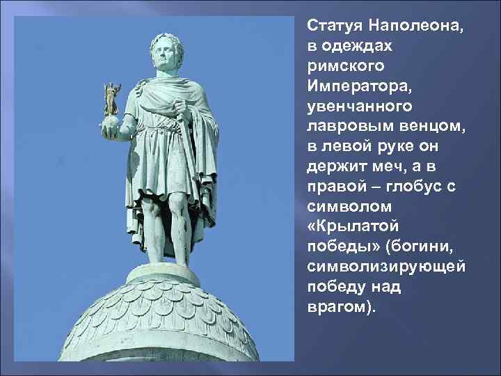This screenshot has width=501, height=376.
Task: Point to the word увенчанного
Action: pos(359,108)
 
